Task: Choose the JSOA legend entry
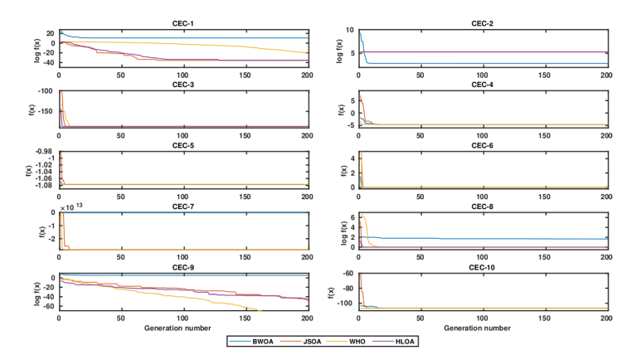[x=305, y=341]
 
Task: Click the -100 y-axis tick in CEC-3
[x=47, y=91]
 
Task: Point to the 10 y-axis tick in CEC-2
[x=349, y=31]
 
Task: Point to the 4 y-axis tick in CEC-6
[x=352, y=157]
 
